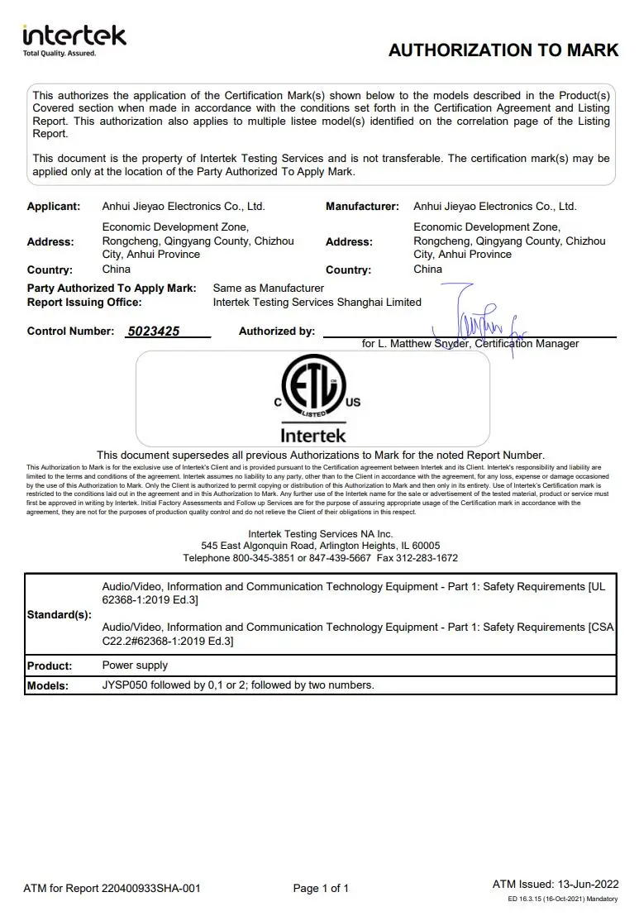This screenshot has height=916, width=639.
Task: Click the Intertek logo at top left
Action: pos(74,39)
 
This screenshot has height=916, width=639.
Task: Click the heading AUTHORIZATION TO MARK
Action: pos(503,50)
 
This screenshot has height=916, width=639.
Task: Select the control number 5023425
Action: pos(153,332)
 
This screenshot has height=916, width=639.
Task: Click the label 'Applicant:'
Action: pos(54,207)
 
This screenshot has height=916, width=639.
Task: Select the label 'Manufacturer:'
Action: pos(362,207)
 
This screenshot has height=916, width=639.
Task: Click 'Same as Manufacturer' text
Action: pos(269,289)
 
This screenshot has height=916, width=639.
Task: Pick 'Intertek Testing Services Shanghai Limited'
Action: pos(317,303)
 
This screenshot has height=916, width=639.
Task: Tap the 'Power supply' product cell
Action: pos(135,666)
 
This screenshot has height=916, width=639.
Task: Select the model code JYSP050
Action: pos(126,685)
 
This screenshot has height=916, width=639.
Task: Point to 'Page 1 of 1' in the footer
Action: pos(321,889)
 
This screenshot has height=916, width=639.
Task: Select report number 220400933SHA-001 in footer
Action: pos(150,889)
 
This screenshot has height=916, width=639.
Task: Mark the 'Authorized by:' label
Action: pos(277,332)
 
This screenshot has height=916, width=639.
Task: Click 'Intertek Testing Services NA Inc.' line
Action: pos(321,534)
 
